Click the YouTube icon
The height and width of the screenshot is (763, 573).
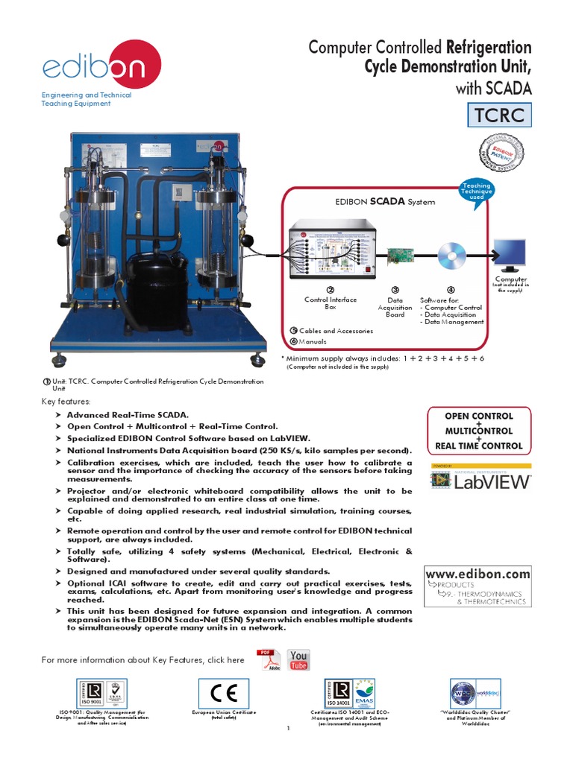tap(298, 660)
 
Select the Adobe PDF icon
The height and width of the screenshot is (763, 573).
tap(268, 660)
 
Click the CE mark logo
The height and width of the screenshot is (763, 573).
tap(224, 693)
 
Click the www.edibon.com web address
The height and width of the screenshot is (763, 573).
tap(477, 574)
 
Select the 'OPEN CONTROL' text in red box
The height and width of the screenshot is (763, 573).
tap(478, 417)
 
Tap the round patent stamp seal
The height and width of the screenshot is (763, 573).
tap(500, 155)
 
